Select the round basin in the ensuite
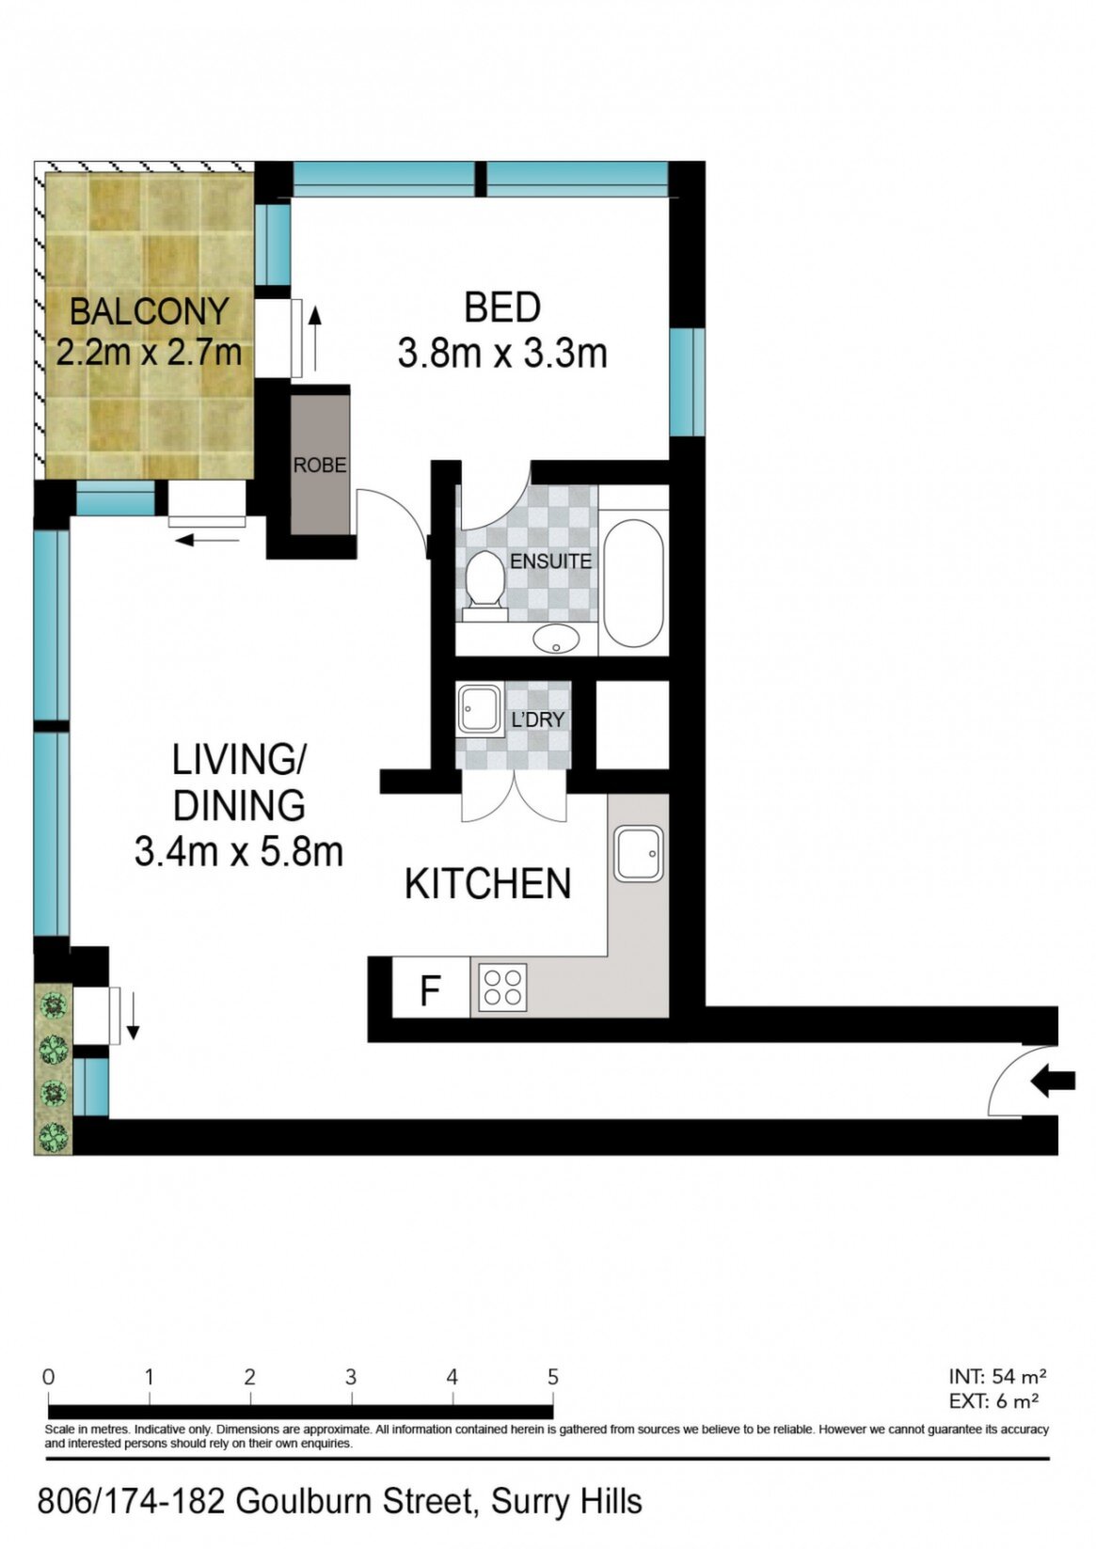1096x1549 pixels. [556, 638]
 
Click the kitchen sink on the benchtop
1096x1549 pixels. [639, 853]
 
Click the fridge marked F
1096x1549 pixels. [431, 987]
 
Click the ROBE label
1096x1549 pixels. [320, 466]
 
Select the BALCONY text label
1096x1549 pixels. [149, 311]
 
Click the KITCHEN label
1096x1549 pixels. [488, 884]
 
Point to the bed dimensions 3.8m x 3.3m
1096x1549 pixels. [502, 354]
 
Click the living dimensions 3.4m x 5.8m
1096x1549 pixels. [239, 851]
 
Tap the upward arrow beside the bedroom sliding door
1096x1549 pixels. [315, 339]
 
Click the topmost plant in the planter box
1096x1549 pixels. [54, 1004]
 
